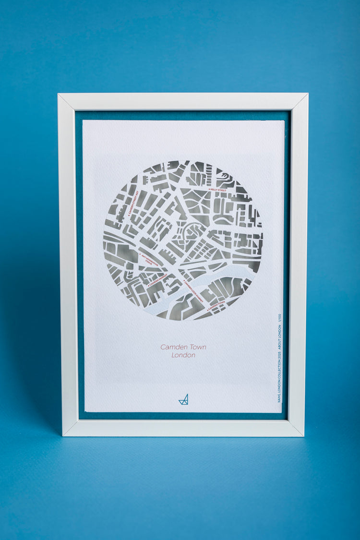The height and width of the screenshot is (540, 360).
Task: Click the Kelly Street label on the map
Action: [219, 190]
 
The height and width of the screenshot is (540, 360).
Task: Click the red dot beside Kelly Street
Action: [209, 190]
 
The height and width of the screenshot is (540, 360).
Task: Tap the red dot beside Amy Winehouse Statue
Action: [140, 255]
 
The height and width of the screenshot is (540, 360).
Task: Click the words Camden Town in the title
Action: [183, 347]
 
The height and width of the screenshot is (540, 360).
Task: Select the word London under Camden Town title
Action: [183, 355]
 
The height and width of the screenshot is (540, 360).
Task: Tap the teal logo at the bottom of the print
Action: [183, 399]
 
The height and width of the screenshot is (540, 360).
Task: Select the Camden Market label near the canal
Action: [158, 281]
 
